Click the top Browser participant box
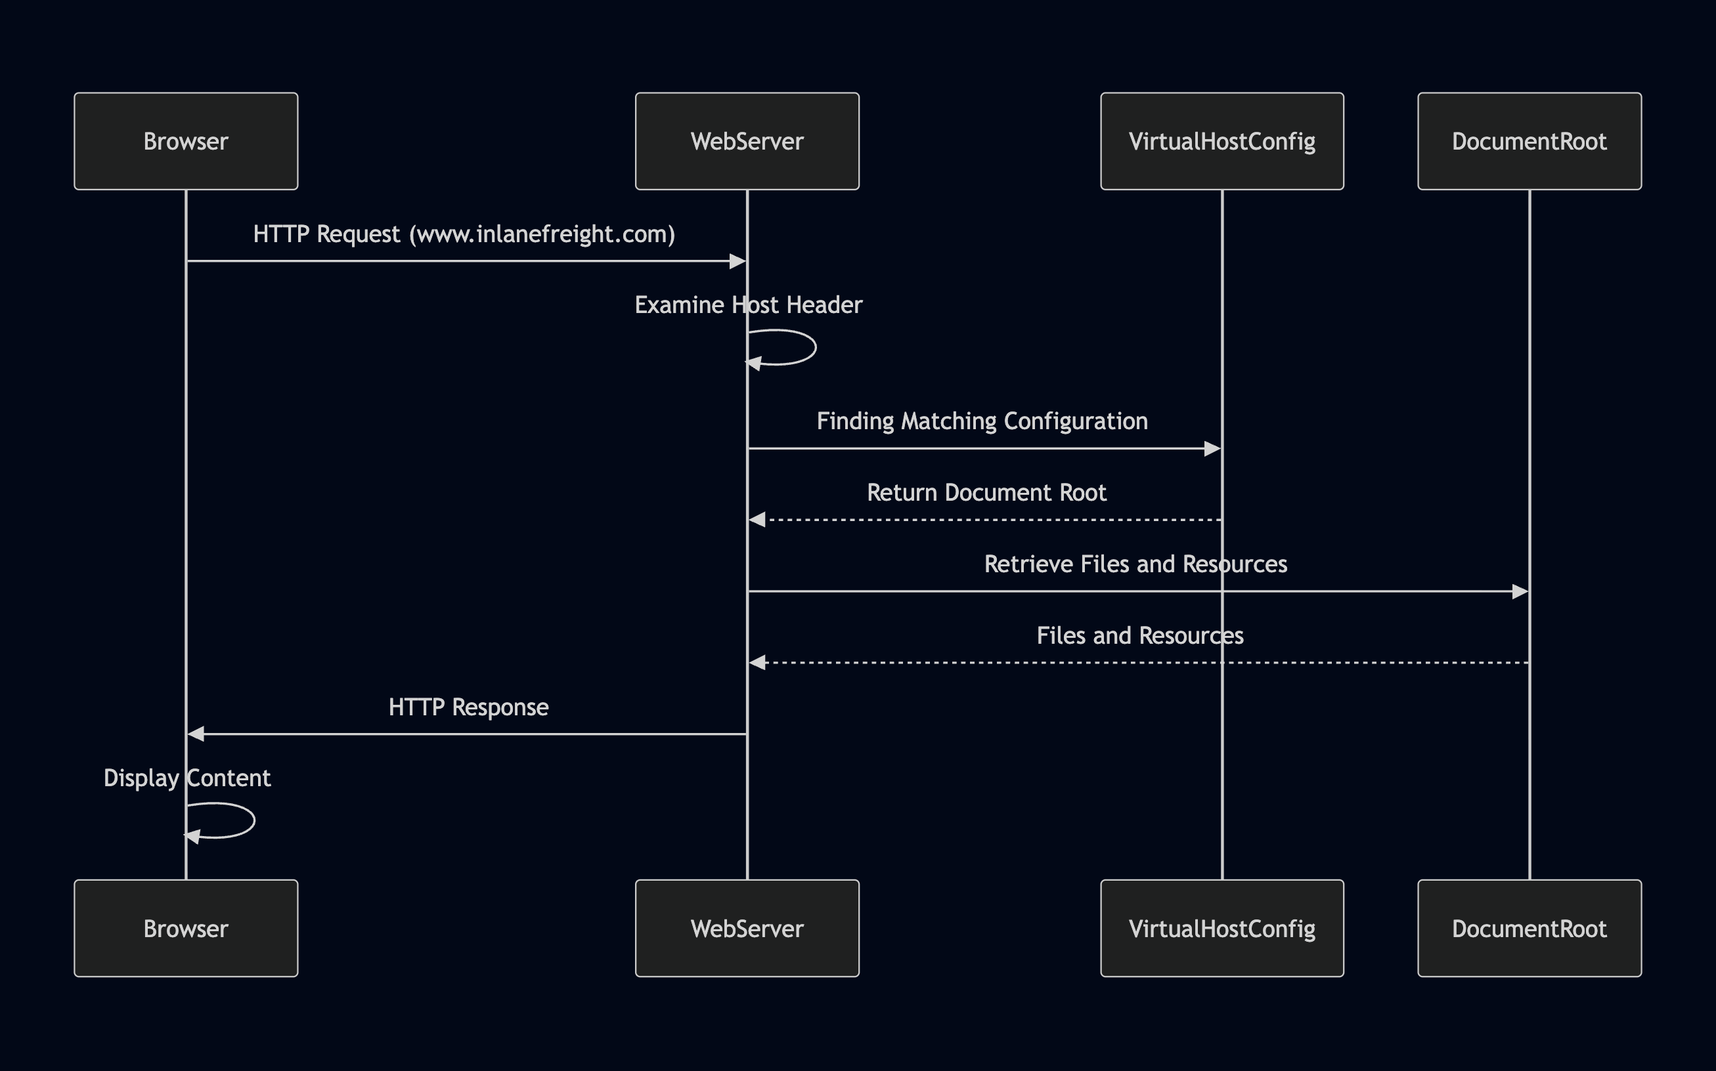point(186,141)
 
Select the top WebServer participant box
point(747,141)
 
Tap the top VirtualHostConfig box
point(1221,141)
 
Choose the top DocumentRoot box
point(1529,141)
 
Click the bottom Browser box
point(186,928)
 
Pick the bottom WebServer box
point(747,928)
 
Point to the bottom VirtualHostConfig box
point(1221,928)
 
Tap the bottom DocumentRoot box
point(1529,928)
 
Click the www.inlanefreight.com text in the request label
point(542,234)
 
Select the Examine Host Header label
point(748,304)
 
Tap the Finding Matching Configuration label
point(982,421)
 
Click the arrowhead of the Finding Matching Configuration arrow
point(1212,448)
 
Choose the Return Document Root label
point(986,492)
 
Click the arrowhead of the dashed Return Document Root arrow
point(758,520)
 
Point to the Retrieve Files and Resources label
point(1135,564)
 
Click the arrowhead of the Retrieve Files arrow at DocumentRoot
point(1520,591)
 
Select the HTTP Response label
point(468,707)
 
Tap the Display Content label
point(187,778)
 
